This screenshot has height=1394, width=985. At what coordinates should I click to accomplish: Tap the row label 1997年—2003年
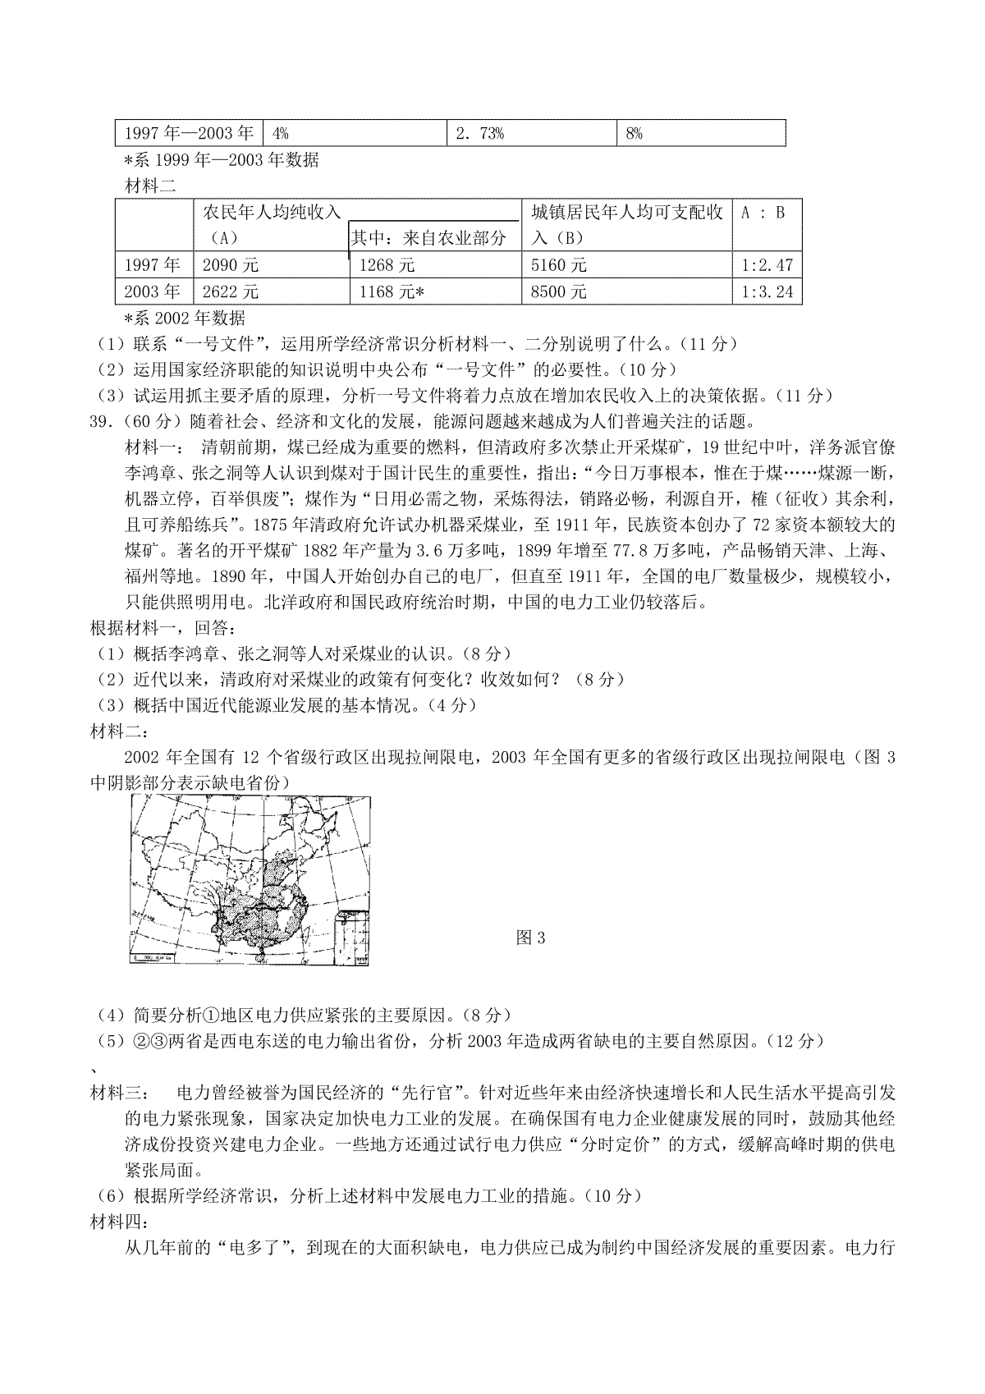(x=189, y=134)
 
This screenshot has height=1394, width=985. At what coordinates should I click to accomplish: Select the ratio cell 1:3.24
(x=767, y=291)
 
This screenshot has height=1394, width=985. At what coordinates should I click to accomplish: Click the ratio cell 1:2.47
(x=767, y=265)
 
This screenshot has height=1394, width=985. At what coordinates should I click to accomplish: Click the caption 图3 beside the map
(x=530, y=938)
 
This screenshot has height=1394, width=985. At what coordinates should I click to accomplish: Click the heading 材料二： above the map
(x=118, y=731)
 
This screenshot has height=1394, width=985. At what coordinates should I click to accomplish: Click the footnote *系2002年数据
(x=184, y=318)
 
